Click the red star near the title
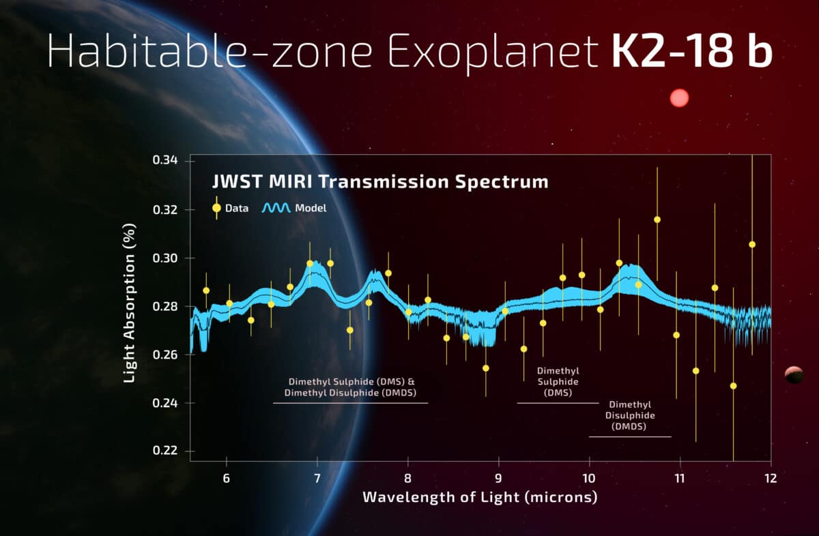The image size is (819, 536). tap(679, 99)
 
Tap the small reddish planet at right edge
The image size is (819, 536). tap(794, 374)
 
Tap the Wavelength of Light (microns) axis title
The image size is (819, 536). tap(480, 497)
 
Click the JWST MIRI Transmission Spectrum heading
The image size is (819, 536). tap(379, 182)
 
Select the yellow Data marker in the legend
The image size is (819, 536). tap(217, 207)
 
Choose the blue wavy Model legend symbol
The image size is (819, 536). tap(276, 207)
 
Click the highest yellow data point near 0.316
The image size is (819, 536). tap(657, 220)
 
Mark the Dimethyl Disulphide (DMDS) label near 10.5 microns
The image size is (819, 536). tap(630, 415)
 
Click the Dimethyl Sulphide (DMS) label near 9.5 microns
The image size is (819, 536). tap(558, 382)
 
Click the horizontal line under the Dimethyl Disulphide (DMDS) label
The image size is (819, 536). tap(630, 436)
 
